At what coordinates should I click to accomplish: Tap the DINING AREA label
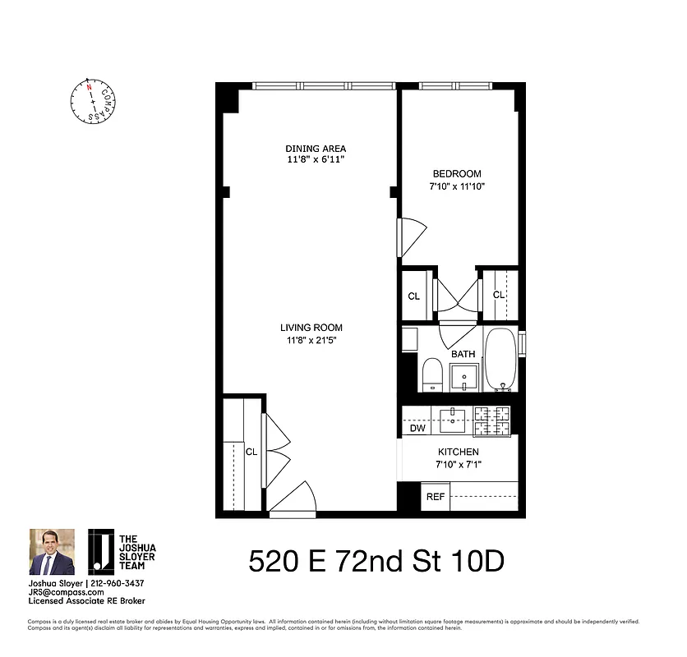(310, 149)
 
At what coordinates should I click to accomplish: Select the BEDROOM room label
(457, 173)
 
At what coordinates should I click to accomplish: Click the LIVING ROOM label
(310, 328)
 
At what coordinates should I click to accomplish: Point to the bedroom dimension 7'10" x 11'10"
(458, 186)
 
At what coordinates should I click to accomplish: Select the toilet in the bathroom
(432, 375)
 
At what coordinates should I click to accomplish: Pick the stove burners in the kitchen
(492, 420)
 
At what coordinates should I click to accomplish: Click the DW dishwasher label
(416, 428)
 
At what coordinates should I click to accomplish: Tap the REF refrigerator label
(435, 497)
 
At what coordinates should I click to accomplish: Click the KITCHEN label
(458, 452)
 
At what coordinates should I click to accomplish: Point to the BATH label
(463, 354)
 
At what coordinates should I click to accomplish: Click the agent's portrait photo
(52, 552)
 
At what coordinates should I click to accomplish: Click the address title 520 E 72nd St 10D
(376, 562)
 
